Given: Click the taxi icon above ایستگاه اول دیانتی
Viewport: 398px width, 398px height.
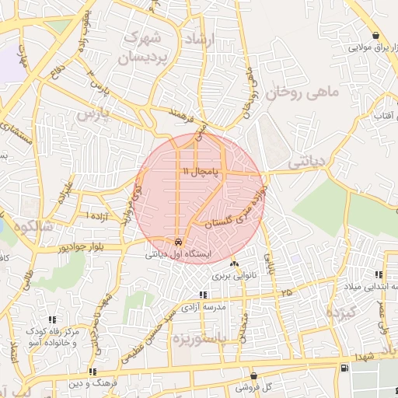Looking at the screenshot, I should (180, 241).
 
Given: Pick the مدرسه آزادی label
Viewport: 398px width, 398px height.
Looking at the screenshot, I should (203, 307).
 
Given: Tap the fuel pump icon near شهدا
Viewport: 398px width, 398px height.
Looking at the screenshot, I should (344, 366).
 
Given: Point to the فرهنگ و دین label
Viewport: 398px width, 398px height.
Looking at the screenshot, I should (93, 383).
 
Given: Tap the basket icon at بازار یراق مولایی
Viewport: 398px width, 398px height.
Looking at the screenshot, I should (375, 36).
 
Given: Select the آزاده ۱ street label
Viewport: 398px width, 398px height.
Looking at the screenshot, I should (98, 215).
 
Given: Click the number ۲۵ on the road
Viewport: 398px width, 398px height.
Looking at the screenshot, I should (288, 292).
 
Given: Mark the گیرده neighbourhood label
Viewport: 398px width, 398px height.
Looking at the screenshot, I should (339, 314).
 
